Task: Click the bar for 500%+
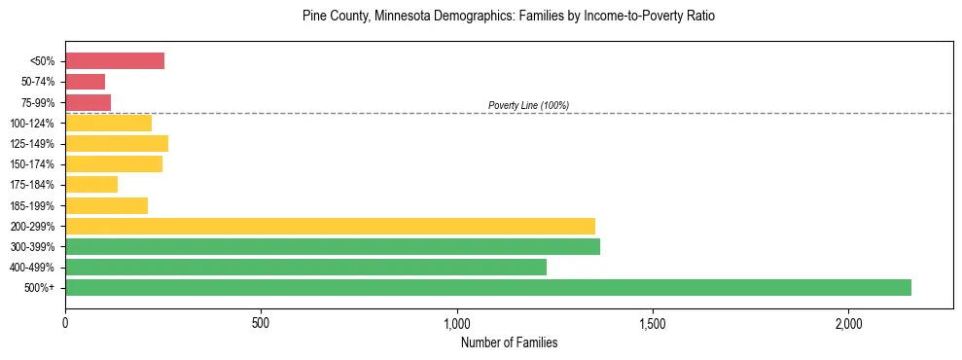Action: click(x=488, y=287)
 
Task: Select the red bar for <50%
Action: click(x=115, y=61)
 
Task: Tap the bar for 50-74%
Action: click(x=85, y=82)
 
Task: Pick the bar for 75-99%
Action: click(x=88, y=102)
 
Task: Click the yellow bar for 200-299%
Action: click(x=330, y=226)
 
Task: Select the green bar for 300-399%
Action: click(x=333, y=246)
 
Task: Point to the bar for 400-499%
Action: click(x=305, y=267)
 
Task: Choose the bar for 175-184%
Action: click(x=91, y=185)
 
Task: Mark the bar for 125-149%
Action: click(x=117, y=144)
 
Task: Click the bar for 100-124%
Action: click(x=108, y=123)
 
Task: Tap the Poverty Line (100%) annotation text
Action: click(x=528, y=105)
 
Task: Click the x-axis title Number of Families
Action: click(x=509, y=342)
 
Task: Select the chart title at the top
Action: click(x=508, y=17)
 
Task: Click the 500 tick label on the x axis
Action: click(x=261, y=322)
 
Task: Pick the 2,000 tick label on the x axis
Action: click(x=848, y=322)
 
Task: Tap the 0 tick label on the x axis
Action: click(x=65, y=322)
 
